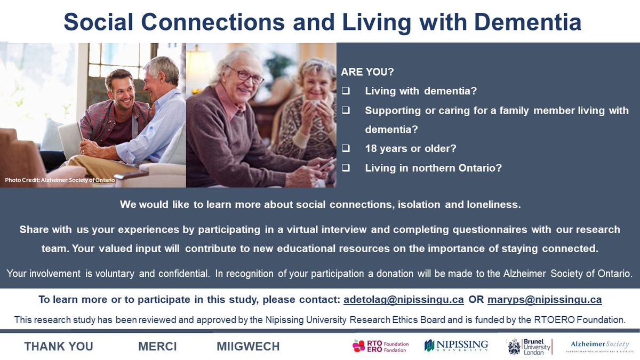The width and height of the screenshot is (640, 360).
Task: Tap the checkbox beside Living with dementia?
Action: pos(346,91)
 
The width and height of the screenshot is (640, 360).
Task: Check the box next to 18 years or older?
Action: pos(346,149)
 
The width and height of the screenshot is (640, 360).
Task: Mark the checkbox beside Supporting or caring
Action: pos(346,110)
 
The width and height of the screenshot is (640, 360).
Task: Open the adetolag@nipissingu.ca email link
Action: pos(403,300)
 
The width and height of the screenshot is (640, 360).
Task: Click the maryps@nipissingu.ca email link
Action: pos(544,300)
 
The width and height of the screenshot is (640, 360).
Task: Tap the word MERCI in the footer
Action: pos(157,347)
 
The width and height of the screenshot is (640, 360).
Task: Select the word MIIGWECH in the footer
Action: pos(248,347)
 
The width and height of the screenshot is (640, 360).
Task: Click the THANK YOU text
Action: pos(59,347)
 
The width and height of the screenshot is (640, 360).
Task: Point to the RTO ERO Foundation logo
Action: pos(380,347)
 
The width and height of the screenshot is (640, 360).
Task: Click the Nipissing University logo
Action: pos(456,346)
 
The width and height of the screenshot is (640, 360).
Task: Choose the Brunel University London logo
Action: pos(529,346)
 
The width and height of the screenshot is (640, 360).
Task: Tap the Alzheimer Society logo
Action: pos(599,346)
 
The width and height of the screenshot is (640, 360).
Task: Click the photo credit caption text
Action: pos(60,180)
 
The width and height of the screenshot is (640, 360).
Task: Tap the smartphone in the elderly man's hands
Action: pos(326,165)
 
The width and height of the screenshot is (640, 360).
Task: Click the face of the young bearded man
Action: pos(120,86)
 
